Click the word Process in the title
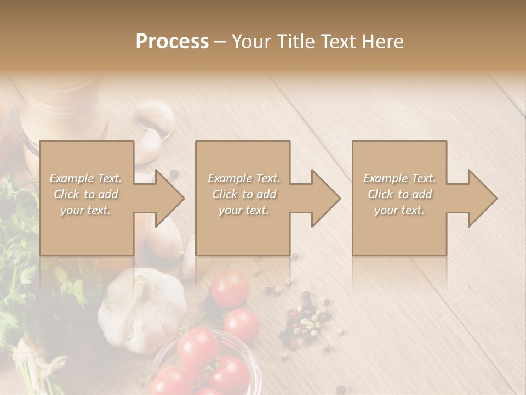(x=172, y=42)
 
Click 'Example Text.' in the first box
(x=86, y=178)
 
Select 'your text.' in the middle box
(x=244, y=210)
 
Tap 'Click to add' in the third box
(x=399, y=194)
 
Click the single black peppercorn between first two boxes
(x=174, y=174)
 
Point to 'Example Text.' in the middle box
(x=244, y=178)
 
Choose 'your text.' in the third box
(x=399, y=210)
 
